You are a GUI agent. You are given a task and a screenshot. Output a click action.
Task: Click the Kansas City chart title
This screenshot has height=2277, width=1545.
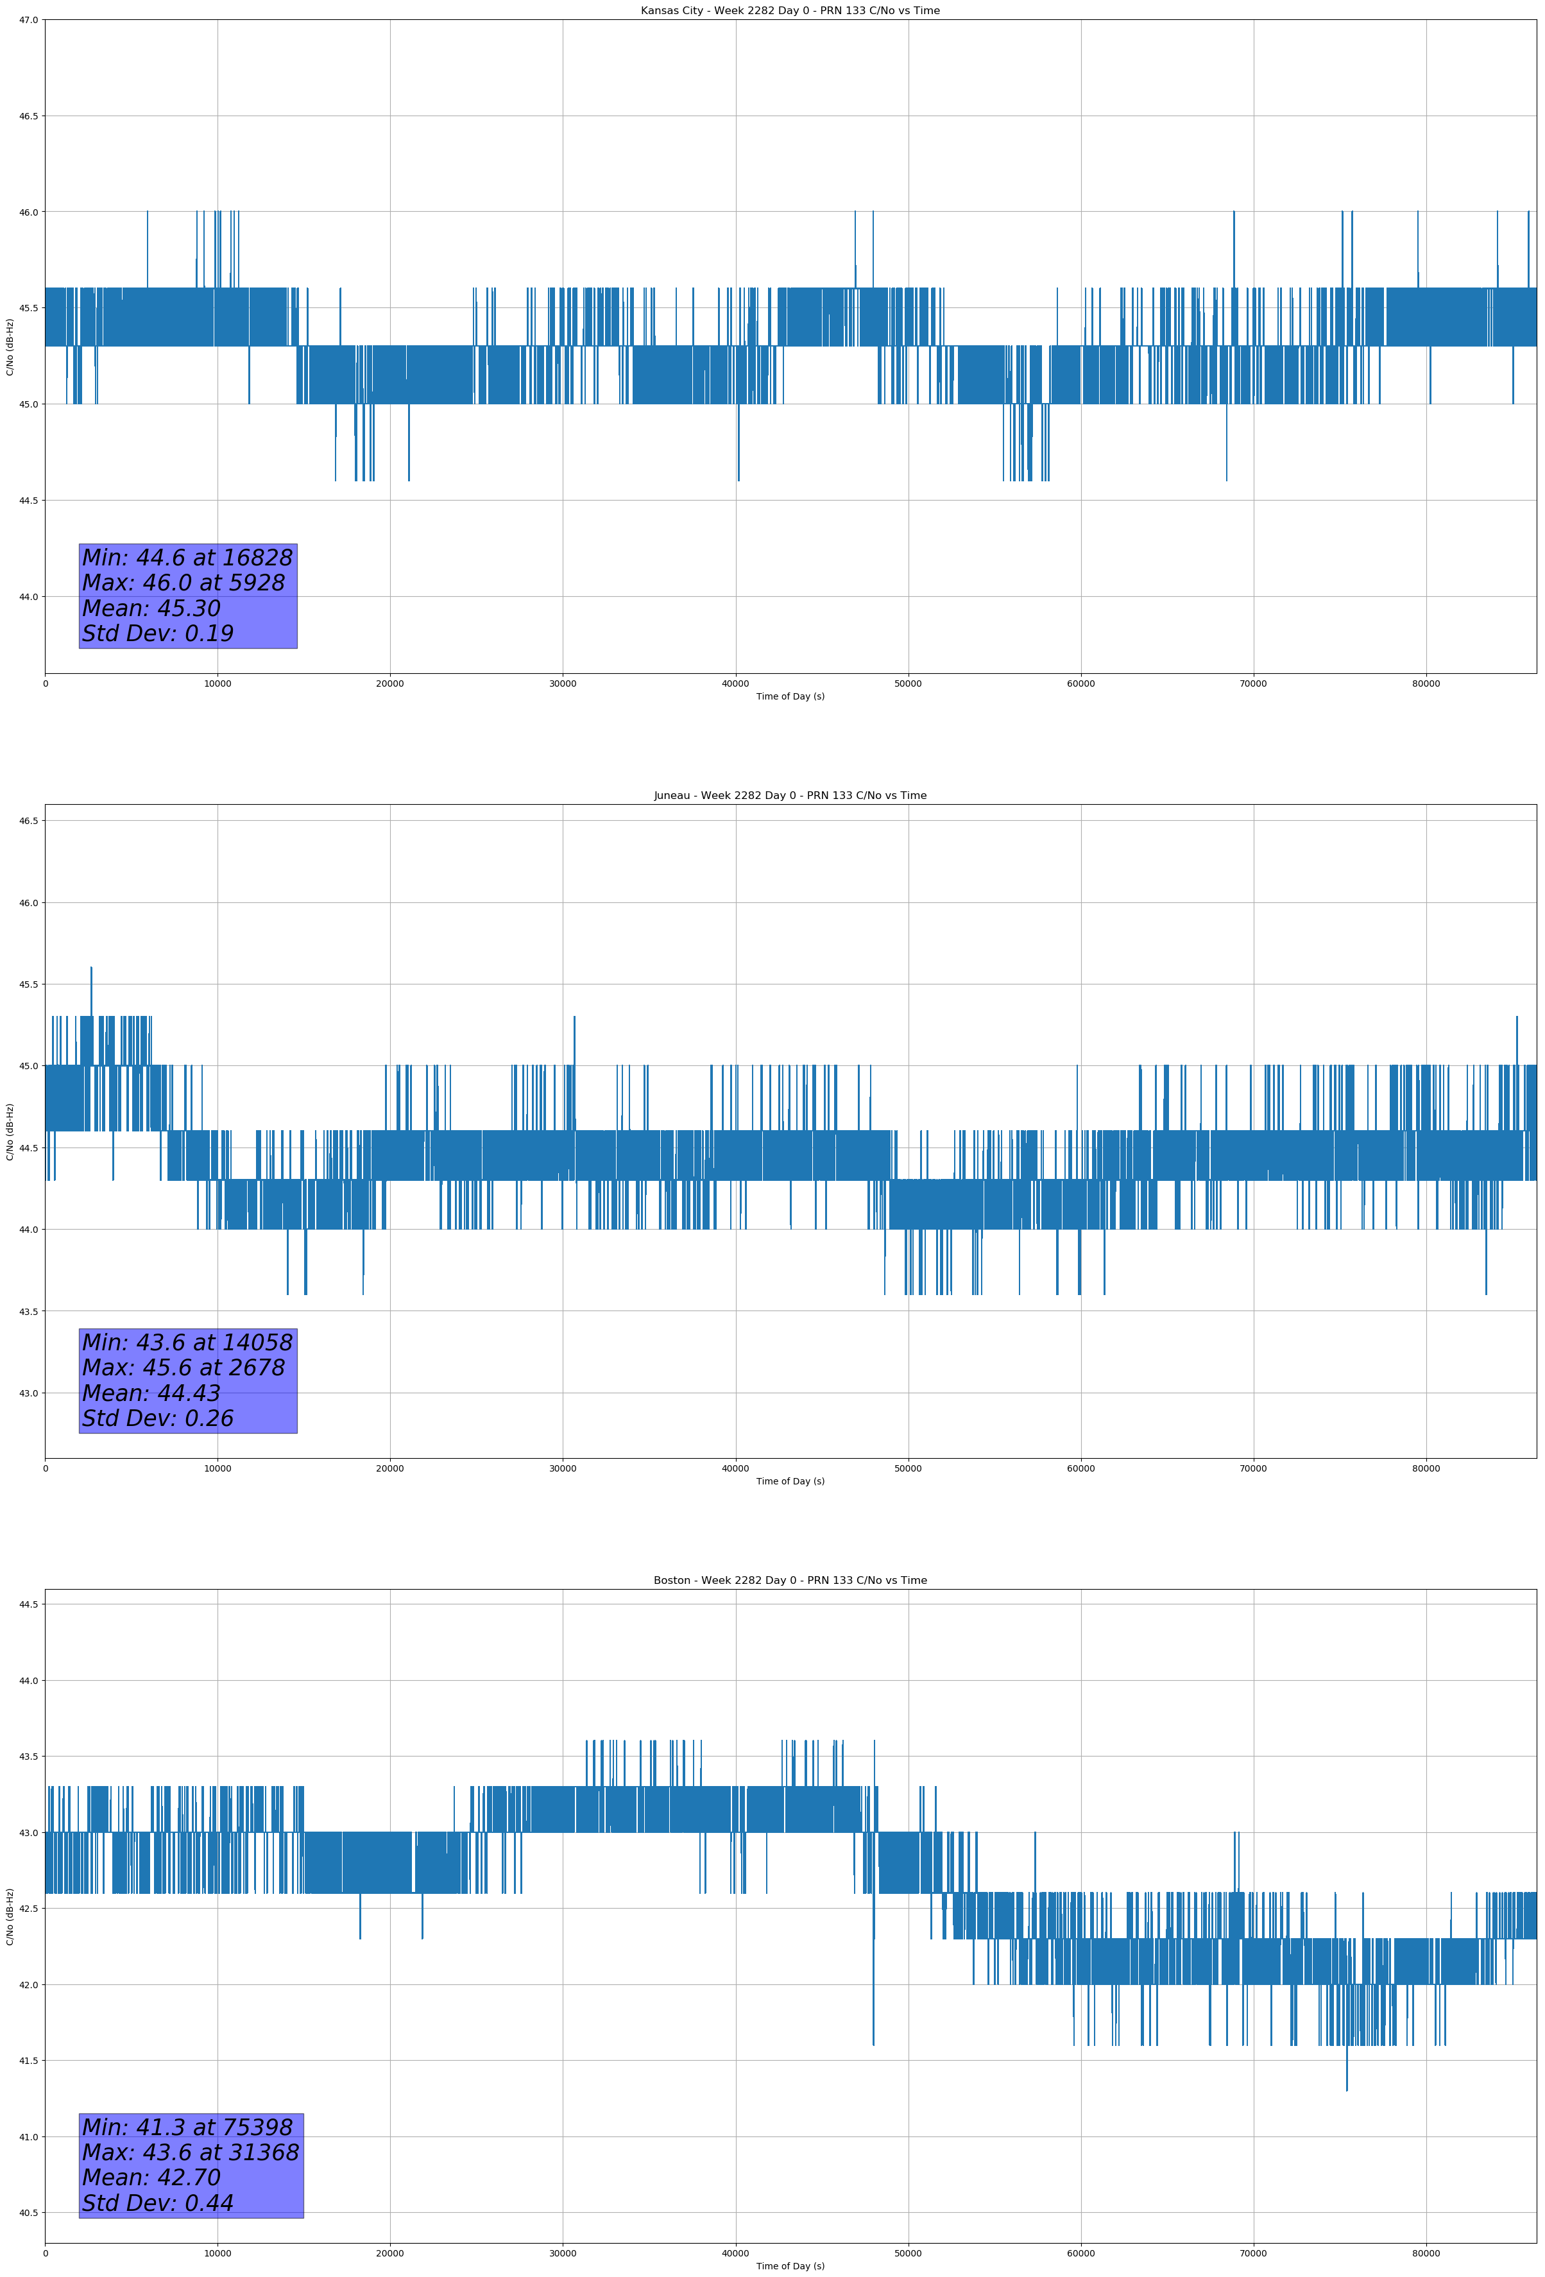point(790,11)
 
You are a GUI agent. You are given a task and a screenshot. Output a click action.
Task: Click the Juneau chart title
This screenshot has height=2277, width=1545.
point(790,796)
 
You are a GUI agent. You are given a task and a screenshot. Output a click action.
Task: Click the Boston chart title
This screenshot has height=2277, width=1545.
point(790,1581)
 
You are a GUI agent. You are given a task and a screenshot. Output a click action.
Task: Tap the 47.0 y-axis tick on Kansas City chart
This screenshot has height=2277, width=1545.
point(28,20)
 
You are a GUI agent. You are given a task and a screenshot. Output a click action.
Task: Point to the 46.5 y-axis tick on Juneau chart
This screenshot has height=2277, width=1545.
point(28,821)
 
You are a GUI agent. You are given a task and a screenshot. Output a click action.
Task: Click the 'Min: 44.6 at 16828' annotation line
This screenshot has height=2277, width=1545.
point(187,558)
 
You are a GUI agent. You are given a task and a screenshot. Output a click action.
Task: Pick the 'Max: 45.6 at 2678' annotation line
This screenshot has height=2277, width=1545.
point(184,1368)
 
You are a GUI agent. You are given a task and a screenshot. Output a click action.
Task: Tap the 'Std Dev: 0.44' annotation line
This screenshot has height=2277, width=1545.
point(158,2203)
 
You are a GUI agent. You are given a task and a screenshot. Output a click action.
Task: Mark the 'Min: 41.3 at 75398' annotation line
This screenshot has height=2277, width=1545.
point(187,2127)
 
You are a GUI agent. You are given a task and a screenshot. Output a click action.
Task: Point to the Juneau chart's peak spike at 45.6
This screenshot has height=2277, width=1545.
point(91,969)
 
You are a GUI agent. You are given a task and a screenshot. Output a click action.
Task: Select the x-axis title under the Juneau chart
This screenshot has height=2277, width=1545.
point(790,1481)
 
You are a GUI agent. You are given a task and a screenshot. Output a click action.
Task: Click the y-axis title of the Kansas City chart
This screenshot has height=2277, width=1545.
point(10,347)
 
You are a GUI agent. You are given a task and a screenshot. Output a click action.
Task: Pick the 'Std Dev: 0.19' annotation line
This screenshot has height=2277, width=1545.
point(158,634)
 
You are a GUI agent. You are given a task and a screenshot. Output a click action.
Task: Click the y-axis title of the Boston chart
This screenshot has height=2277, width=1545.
point(10,1916)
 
